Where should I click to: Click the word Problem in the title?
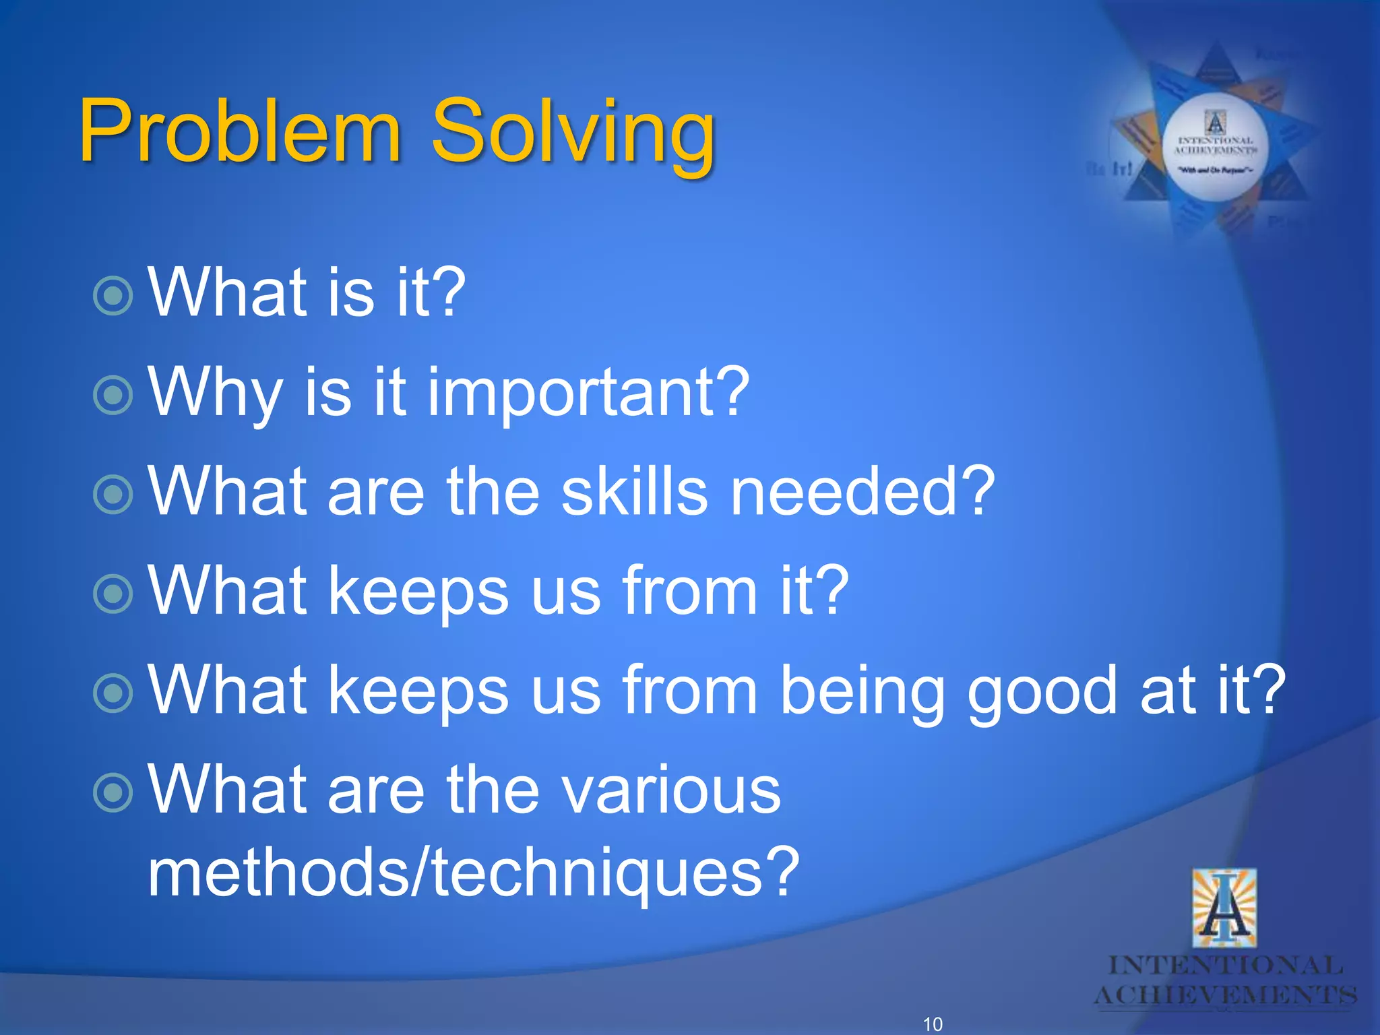pyautogui.click(x=239, y=131)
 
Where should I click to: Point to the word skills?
pyautogui.click(x=634, y=492)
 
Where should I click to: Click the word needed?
pyautogui.click(x=862, y=492)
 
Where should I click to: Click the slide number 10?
pyautogui.click(x=933, y=1024)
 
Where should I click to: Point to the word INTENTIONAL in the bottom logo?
pyautogui.click(x=1226, y=966)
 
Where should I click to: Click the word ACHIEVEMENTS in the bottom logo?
pyautogui.click(x=1226, y=995)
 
